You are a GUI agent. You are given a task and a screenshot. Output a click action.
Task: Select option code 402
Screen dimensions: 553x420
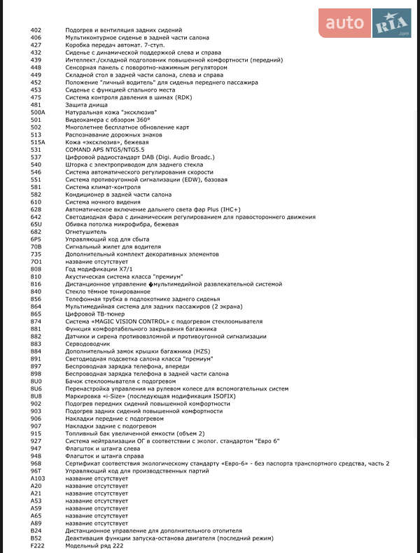(36, 31)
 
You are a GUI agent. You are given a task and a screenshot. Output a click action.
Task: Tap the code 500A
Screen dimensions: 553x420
(38, 112)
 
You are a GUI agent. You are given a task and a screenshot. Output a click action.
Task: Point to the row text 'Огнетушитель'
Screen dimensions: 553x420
(86, 232)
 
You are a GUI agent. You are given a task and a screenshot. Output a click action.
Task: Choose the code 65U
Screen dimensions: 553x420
(36, 224)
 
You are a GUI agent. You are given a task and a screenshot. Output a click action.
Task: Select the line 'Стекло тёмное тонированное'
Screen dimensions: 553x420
(108, 291)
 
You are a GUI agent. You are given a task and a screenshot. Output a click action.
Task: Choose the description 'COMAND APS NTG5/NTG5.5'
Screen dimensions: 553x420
(105, 150)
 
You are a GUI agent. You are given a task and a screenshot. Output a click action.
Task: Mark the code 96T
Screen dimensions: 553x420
(36, 471)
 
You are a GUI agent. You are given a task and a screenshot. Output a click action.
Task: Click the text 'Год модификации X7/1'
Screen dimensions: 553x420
(99, 269)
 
